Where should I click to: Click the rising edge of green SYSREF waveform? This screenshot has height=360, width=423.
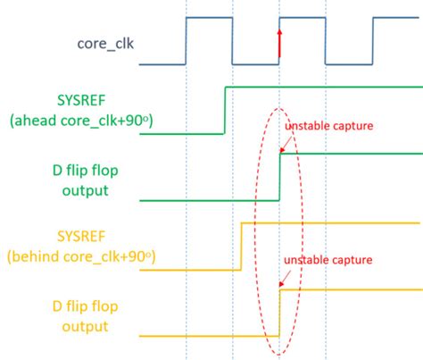(x=223, y=110)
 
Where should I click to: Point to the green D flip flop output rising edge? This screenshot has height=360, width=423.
(x=280, y=175)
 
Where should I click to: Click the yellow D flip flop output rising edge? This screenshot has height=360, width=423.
(x=280, y=311)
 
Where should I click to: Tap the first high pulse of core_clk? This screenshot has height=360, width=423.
(x=208, y=18)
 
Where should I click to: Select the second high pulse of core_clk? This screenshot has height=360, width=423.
(x=302, y=18)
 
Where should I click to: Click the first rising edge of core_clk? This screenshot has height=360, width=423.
(x=186, y=41)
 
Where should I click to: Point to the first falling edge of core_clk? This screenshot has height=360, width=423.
(x=232, y=41)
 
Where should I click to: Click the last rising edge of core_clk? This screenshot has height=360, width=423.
(x=372, y=41)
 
